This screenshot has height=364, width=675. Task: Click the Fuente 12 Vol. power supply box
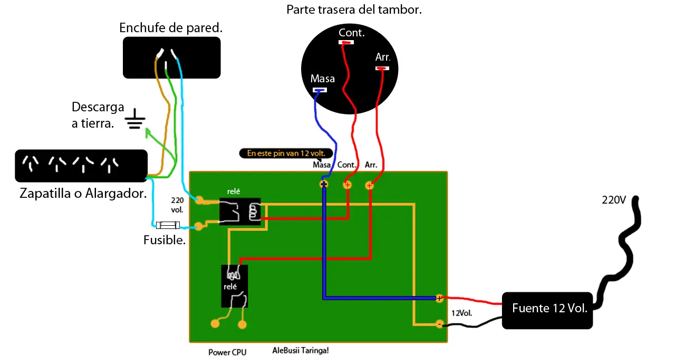[547, 310]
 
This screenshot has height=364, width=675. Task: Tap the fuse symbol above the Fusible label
[168, 225]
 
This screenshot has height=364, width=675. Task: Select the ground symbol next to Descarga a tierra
[134, 119]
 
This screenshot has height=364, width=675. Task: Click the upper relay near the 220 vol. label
[240, 212]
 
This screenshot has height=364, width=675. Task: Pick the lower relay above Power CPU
[235, 286]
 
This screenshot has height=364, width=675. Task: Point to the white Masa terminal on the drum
[320, 90]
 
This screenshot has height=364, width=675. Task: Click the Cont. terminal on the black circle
[346, 42]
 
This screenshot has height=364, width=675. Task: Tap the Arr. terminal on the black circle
[382, 69]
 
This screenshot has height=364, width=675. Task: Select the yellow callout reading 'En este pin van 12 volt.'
[286, 154]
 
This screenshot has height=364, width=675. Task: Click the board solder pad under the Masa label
[324, 184]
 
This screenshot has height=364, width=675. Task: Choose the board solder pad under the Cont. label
[347, 185]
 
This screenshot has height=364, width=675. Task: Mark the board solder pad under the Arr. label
[369, 185]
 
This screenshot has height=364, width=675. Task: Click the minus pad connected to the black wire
[439, 324]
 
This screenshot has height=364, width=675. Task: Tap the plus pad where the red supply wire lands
[439, 298]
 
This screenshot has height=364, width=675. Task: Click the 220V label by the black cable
[614, 200]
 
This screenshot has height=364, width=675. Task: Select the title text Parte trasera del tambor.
[354, 9]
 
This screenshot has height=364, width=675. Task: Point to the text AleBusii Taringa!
[301, 350]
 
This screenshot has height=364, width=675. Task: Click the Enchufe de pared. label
[171, 28]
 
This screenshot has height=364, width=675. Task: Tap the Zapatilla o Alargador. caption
[83, 194]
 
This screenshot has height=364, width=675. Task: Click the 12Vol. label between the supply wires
[461, 313]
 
